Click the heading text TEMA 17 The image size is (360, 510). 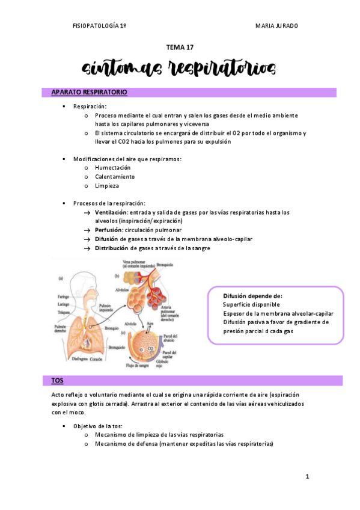click(180, 46)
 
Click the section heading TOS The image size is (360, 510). click(57, 381)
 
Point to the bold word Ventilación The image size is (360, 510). click(111, 212)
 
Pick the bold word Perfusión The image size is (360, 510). click(109, 230)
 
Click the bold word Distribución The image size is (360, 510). click(112, 248)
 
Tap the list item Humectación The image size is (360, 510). click(112, 168)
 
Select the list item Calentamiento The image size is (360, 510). click(114, 177)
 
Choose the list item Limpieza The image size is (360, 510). click(107, 186)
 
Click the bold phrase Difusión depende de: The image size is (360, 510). click(252, 296)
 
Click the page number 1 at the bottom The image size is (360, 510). click(307, 477)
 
